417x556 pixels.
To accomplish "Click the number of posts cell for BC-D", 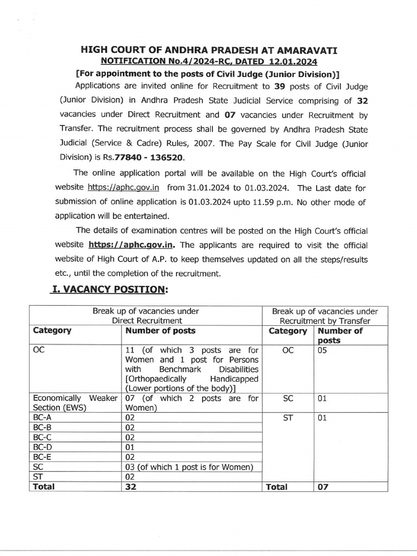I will click(x=130, y=447).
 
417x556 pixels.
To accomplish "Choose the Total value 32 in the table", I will click(x=130, y=487).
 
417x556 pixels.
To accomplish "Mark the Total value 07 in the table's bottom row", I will click(x=323, y=487).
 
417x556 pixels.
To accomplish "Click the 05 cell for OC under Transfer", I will click(x=323, y=351).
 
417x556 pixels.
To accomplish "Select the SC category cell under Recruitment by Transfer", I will click(x=288, y=399).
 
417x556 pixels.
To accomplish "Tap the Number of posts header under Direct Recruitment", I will click(x=160, y=331).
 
